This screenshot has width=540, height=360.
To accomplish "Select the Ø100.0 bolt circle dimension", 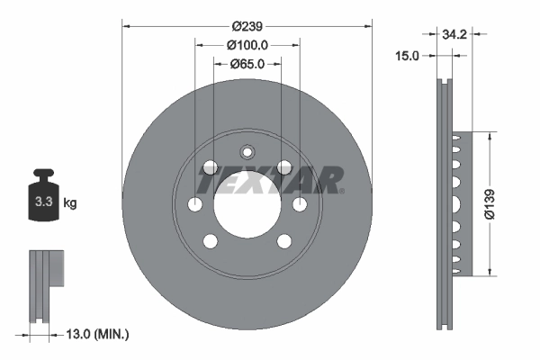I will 247,44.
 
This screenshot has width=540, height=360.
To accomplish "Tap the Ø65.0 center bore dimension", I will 247,64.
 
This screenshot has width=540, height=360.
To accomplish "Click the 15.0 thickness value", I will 408,56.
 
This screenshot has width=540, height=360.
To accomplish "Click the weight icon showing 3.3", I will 43,201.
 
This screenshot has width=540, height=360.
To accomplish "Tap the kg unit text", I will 70,203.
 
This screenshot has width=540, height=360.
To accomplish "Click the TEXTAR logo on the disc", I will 271,180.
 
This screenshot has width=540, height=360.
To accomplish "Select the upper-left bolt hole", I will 210,166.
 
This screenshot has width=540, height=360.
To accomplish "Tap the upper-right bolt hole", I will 284,166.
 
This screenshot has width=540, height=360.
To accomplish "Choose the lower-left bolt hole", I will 210,240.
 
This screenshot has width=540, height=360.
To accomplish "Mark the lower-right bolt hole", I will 284,240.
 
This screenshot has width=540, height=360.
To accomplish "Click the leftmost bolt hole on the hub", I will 194,203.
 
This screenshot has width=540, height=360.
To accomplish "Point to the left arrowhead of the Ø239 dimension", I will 125,25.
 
